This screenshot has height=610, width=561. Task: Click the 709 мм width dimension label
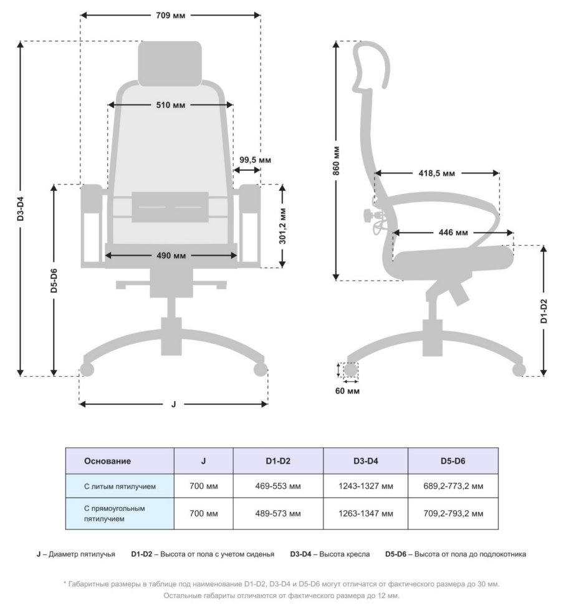coord(170,14)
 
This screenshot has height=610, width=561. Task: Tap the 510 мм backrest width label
coord(170,105)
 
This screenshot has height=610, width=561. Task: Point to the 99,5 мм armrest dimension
coord(255,160)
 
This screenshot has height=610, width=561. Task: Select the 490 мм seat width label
coord(170,255)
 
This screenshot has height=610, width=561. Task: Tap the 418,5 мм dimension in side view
coord(436,173)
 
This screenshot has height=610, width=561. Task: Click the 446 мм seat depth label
coord(453,233)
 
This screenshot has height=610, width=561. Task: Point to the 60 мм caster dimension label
coord(347,391)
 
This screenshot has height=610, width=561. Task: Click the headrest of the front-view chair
coord(170,63)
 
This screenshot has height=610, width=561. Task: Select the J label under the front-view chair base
coord(173,404)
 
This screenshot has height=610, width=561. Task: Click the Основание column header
coord(107,461)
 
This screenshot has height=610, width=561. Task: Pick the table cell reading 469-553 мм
coord(278,486)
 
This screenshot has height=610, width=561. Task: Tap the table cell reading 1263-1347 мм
coord(365,513)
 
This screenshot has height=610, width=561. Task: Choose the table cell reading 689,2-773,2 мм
coord(453,486)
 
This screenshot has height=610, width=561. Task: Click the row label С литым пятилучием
coord(119,486)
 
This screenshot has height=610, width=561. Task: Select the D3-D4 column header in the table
coord(365,461)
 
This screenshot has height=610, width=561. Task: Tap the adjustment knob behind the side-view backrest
coord(368,216)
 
